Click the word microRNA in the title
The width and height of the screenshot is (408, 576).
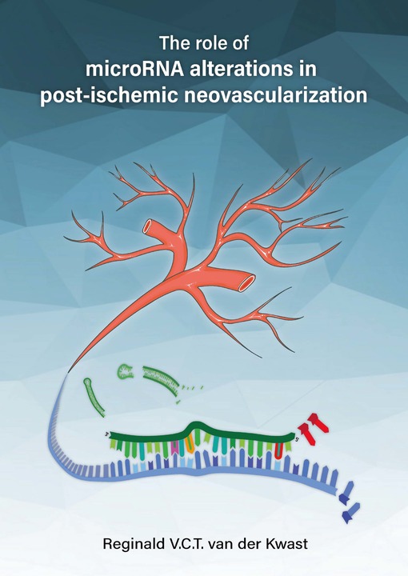134,69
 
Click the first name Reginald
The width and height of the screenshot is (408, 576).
134,544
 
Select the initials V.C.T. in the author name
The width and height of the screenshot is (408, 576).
186,544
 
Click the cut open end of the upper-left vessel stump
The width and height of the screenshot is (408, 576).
150,226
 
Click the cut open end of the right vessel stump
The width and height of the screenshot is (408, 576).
247,282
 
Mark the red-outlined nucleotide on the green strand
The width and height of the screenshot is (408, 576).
279,450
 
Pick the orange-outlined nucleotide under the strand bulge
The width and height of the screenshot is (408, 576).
189,445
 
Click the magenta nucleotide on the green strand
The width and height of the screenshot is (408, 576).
175,447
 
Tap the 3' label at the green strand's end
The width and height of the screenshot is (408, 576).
108,434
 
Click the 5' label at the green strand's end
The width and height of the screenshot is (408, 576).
297,438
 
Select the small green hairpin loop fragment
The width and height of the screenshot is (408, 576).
126,371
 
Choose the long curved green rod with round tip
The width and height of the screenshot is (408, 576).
94,397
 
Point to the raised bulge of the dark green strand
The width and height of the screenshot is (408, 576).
198,426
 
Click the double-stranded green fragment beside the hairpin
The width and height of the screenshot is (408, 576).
162,380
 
